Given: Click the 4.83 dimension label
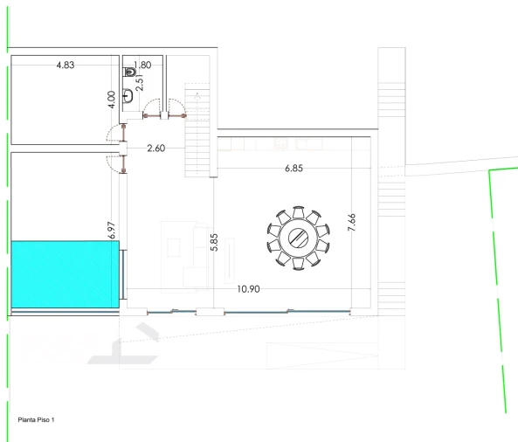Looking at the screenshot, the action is click(x=66, y=66).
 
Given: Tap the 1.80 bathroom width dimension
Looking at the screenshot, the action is click(x=142, y=65).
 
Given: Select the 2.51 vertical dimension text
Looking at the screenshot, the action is click(x=140, y=82).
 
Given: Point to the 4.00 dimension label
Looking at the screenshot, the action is click(x=112, y=100).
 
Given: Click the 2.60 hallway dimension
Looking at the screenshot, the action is click(x=156, y=148).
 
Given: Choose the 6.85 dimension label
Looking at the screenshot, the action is click(x=294, y=168).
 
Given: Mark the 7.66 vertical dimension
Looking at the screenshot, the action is click(x=352, y=222).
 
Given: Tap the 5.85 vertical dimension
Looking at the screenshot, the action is click(x=214, y=242).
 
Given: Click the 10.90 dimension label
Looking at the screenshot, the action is click(x=248, y=289).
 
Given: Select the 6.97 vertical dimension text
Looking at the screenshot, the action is click(x=112, y=230).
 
